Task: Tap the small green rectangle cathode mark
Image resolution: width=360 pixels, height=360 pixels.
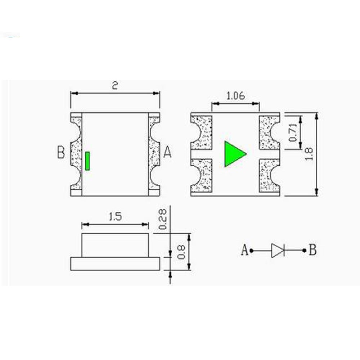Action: [87, 161]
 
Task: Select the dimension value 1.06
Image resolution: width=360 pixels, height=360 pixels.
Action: [235, 96]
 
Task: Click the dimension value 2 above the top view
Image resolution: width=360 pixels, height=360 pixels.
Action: [115, 85]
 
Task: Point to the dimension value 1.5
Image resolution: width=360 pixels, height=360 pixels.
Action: [115, 216]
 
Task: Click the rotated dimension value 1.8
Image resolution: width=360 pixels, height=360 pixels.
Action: [309, 154]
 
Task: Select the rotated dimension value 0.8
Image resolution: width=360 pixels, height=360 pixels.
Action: [181, 252]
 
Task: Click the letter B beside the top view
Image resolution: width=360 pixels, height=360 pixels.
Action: [61, 152]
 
